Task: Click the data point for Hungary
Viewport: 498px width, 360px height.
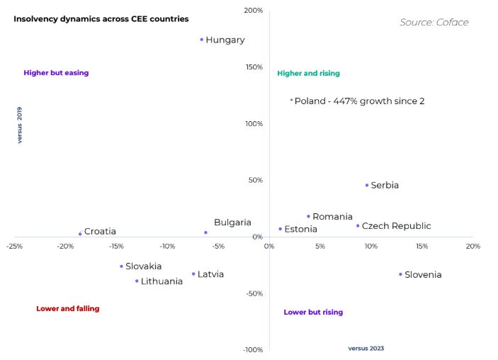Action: point(202,40)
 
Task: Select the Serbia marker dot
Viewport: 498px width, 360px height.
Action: point(367,186)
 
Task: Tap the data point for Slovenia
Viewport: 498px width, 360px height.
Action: point(400,274)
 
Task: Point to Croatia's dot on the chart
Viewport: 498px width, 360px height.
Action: point(80,234)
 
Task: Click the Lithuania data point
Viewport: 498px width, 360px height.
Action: point(137,281)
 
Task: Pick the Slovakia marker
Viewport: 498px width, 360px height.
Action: point(121,266)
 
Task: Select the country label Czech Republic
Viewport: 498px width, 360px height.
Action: point(396,226)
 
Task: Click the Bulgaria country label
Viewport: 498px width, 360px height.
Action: point(232,223)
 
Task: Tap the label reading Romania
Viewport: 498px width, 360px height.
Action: point(332,217)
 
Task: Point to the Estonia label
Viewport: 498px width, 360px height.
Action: point(300,230)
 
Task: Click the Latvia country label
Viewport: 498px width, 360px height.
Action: point(210,274)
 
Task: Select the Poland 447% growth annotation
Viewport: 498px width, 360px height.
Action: point(359,101)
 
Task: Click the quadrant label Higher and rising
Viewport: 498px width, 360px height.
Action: point(308,74)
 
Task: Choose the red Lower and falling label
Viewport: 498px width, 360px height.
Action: point(68,309)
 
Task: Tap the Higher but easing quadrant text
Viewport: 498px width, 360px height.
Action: point(56,73)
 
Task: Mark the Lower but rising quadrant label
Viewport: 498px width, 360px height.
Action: point(313,313)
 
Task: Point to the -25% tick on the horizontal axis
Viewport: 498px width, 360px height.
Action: point(13,247)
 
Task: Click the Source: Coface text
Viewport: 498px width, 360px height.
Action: point(434,23)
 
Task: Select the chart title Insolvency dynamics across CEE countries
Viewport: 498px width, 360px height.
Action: point(101,19)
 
